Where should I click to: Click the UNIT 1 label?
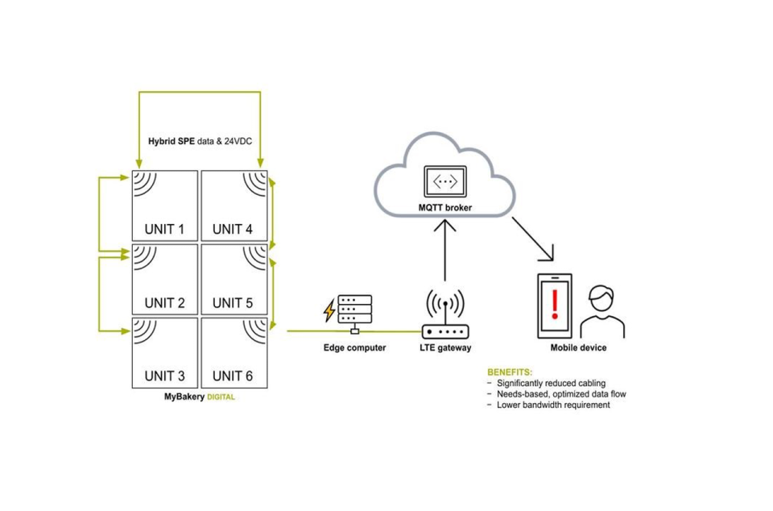click(164, 229)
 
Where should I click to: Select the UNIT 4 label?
click(233, 229)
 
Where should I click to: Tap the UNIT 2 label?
click(164, 303)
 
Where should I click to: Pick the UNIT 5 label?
click(233, 303)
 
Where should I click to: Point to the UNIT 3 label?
click(164, 376)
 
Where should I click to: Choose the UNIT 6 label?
click(233, 376)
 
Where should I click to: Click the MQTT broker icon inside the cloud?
click(444, 182)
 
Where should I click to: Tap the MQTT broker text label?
click(444, 208)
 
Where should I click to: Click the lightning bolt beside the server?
click(329, 310)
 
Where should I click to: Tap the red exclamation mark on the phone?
click(554, 304)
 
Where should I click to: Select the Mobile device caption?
click(578, 348)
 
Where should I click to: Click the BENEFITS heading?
click(510, 372)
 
